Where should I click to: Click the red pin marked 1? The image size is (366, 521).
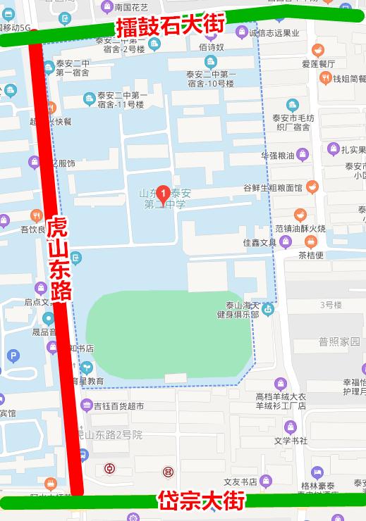[163, 192]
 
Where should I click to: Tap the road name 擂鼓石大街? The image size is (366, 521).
[170, 27]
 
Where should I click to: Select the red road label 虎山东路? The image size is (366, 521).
[59, 260]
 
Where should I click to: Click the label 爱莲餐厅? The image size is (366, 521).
[318, 63]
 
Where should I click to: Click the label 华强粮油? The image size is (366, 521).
[277, 155]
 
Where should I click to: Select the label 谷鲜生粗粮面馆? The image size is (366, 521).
[272, 188]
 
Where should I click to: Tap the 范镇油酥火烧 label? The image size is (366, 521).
[300, 228]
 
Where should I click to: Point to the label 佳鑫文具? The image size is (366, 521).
[260, 243]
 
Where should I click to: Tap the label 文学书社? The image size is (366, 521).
[291, 441]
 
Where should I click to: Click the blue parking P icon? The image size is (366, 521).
[13, 356]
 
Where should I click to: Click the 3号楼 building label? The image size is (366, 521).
[331, 305]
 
